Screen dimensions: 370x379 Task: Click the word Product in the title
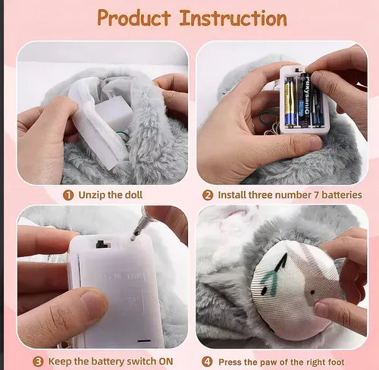pos(136,18)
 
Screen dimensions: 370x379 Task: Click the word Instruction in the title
pos(233,18)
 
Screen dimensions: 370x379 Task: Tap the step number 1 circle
pos(67,194)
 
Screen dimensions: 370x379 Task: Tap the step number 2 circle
pos(207,194)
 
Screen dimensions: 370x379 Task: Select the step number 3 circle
pos(38,361)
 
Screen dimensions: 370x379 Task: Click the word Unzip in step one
pos(89,194)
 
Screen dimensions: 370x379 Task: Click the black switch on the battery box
pos(102,244)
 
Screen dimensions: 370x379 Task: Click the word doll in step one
pos(142,194)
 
